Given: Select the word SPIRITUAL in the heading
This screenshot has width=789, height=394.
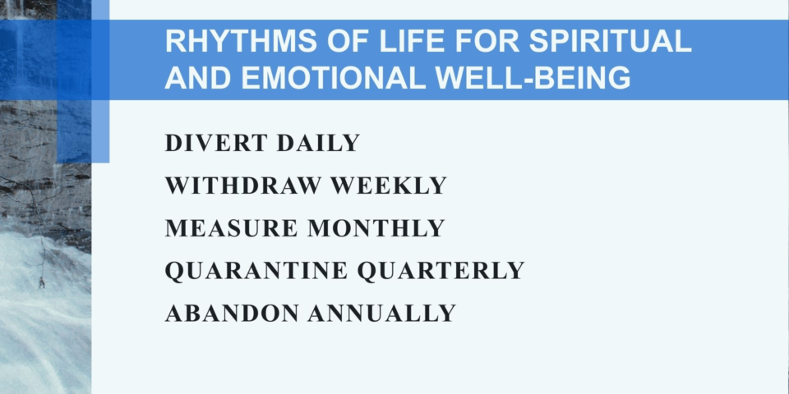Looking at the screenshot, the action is coord(610,42).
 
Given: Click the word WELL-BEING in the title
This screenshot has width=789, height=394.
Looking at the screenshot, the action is coord(533,78).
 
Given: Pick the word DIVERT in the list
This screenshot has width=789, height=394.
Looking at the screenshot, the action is coord(216,143).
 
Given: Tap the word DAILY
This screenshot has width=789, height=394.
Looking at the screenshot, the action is coord(318,143).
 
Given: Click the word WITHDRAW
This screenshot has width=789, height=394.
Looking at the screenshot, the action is coord(243,186).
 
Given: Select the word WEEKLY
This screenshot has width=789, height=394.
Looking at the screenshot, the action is coord(388,186).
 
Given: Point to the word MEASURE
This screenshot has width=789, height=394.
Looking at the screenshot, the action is coord(232,228).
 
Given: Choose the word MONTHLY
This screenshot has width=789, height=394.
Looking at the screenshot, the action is coord(376,228).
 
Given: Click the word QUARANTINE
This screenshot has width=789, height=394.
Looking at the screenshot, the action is coord(256,271).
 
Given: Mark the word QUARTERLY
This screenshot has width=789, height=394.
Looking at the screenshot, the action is coord(441,271).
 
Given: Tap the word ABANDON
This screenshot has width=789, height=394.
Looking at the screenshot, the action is coord(232,314).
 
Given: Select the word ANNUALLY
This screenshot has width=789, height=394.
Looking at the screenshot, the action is coord(382,314).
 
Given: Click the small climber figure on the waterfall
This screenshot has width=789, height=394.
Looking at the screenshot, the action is coord(42,283).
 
